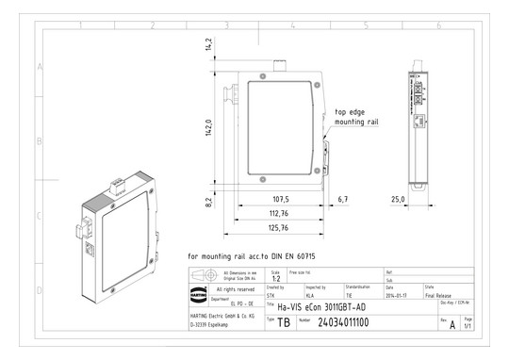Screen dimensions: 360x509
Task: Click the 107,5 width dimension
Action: (280, 200)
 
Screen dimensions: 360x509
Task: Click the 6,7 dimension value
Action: (342, 200)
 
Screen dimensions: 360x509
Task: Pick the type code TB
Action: (284, 322)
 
